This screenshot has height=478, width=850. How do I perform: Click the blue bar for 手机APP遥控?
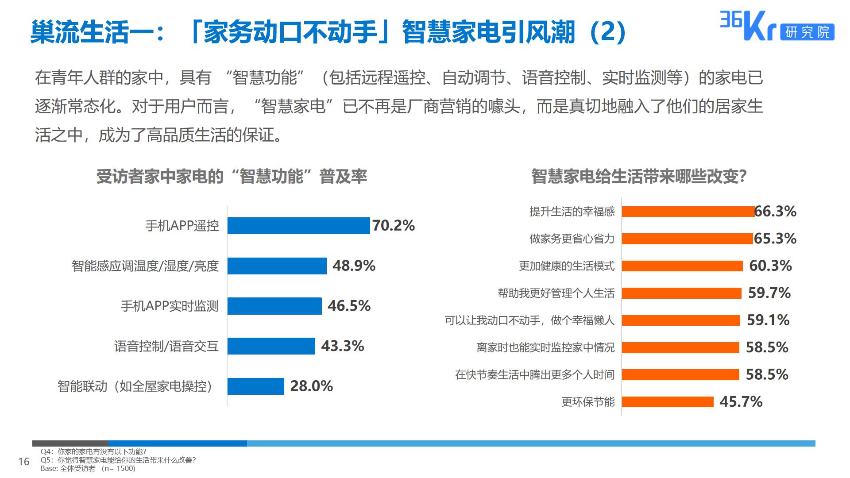298,226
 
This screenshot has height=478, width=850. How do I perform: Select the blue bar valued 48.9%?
277,266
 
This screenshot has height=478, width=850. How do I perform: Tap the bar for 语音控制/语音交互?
271,346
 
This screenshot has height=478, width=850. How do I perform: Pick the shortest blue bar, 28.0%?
255,386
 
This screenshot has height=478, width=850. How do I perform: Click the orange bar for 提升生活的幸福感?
688,212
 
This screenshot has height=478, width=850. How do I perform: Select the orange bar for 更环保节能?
668,402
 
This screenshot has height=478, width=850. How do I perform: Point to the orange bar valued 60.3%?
682,266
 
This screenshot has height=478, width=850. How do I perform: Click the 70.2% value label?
394,226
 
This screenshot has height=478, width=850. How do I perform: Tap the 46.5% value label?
349,306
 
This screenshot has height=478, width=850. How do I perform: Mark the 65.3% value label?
775,239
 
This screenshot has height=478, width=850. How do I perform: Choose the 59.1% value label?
768,320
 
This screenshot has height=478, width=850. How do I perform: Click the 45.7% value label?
741,402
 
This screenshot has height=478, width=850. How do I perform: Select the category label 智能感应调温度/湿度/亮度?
145,266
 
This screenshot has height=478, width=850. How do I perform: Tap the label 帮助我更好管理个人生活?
556,293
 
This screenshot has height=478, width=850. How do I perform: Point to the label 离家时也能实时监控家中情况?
545,347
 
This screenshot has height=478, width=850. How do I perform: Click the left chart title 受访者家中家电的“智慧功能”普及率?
232,177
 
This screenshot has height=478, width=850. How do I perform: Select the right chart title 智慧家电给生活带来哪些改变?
639,177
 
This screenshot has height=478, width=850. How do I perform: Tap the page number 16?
23,462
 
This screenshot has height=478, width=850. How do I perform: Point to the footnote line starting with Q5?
118,460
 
